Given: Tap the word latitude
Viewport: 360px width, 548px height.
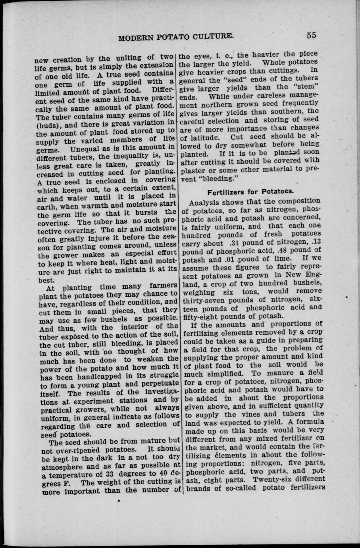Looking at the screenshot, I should tap(201, 138).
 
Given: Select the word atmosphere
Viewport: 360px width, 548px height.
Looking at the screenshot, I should tap(61, 466).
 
